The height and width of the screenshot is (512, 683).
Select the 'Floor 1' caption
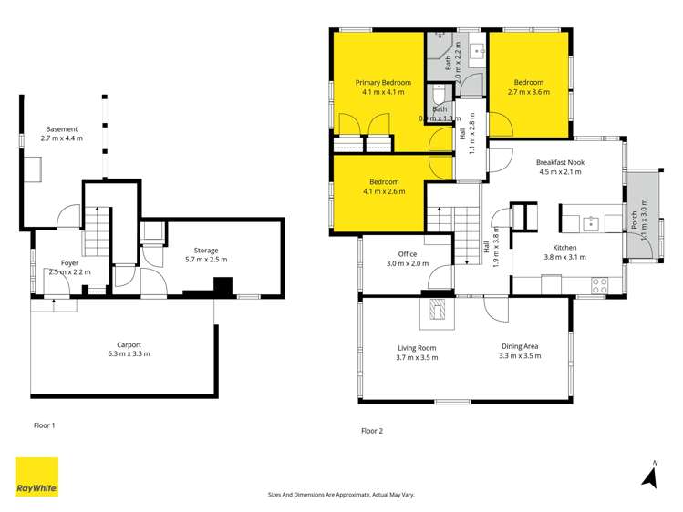[x=45, y=425]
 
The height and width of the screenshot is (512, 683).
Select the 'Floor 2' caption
[x=372, y=431]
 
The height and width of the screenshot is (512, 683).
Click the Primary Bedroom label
[x=383, y=83]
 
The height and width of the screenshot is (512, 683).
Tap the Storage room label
[x=205, y=250]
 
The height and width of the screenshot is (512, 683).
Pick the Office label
[x=407, y=254]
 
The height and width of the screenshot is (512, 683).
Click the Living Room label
[x=417, y=347]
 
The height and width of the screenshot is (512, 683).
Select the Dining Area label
[x=520, y=346]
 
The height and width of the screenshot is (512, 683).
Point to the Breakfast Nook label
[x=561, y=163]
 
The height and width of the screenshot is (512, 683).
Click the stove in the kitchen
[x=600, y=284]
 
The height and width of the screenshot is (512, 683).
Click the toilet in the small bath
[x=438, y=96]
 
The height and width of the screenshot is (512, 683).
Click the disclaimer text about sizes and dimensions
[x=341, y=494]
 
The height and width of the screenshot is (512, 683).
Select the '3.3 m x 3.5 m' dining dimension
[x=520, y=356]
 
